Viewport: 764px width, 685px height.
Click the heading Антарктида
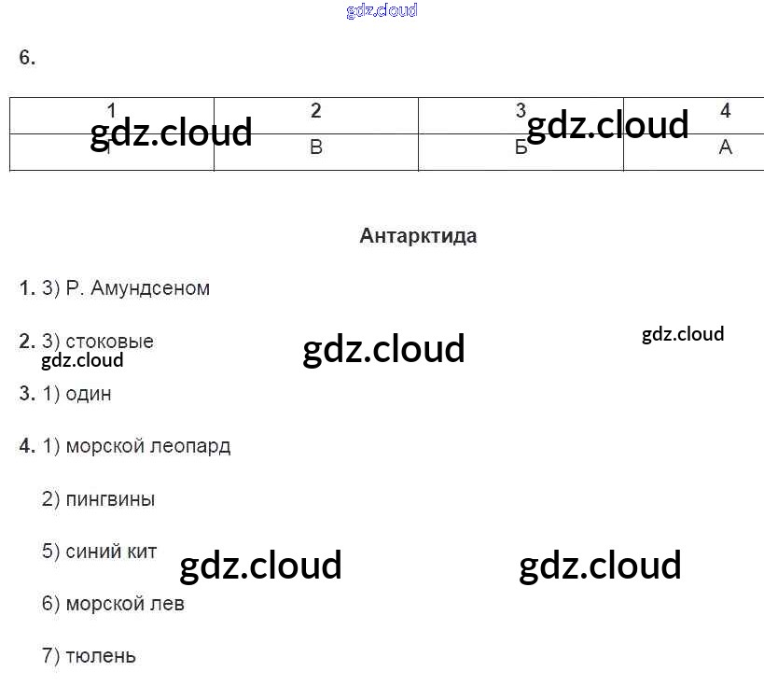(x=418, y=236)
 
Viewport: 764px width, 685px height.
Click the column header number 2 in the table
(x=316, y=111)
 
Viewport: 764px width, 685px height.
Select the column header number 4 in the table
(x=726, y=111)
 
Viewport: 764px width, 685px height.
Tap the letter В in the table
(x=316, y=147)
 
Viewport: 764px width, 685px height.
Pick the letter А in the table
(x=726, y=147)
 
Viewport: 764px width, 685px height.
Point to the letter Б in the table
(x=521, y=148)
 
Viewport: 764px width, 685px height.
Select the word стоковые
(x=110, y=342)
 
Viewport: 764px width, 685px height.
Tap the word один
(x=89, y=394)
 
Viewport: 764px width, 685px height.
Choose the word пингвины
(x=110, y=499)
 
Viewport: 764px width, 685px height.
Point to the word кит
(x=138, y=552)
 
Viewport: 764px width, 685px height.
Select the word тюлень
(x=101, y=656)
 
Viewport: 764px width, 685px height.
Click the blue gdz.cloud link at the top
(x=382, y=11)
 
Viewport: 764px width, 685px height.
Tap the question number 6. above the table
(x=27, y=58)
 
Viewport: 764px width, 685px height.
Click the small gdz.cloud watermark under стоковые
(x=82, y=360)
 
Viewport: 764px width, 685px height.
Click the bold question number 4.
(x=27, y=446)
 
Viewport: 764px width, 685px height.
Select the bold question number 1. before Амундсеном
(x=27, y=288)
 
